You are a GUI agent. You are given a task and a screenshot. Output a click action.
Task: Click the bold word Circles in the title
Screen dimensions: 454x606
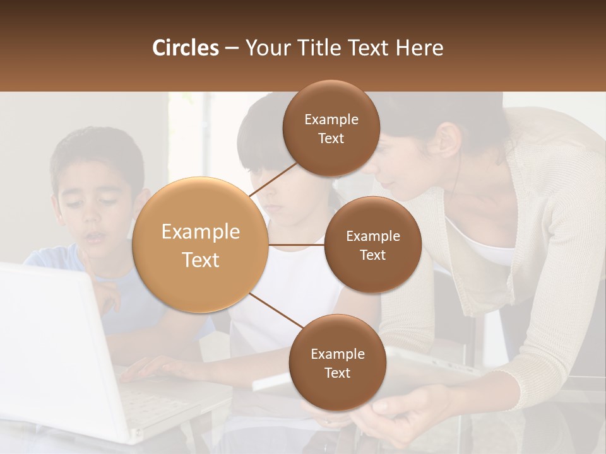(x=186, y=48)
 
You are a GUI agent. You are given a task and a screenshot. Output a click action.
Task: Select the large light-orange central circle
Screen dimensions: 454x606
(x=201, y=245)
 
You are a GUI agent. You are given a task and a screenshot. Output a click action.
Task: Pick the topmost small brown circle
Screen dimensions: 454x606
(x=331, y=128)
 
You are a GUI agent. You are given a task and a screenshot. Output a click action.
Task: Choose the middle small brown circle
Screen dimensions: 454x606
(x=372, y=245)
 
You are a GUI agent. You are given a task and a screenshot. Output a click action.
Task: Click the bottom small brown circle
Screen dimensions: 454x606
(x=337, y=363)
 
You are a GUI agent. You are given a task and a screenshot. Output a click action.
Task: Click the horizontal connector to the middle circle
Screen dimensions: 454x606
(x=297, y=245)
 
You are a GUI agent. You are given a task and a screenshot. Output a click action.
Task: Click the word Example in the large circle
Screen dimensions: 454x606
(x=201, y=232)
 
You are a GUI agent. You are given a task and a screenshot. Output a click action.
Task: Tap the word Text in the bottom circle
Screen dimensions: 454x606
(x=337, y=373)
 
